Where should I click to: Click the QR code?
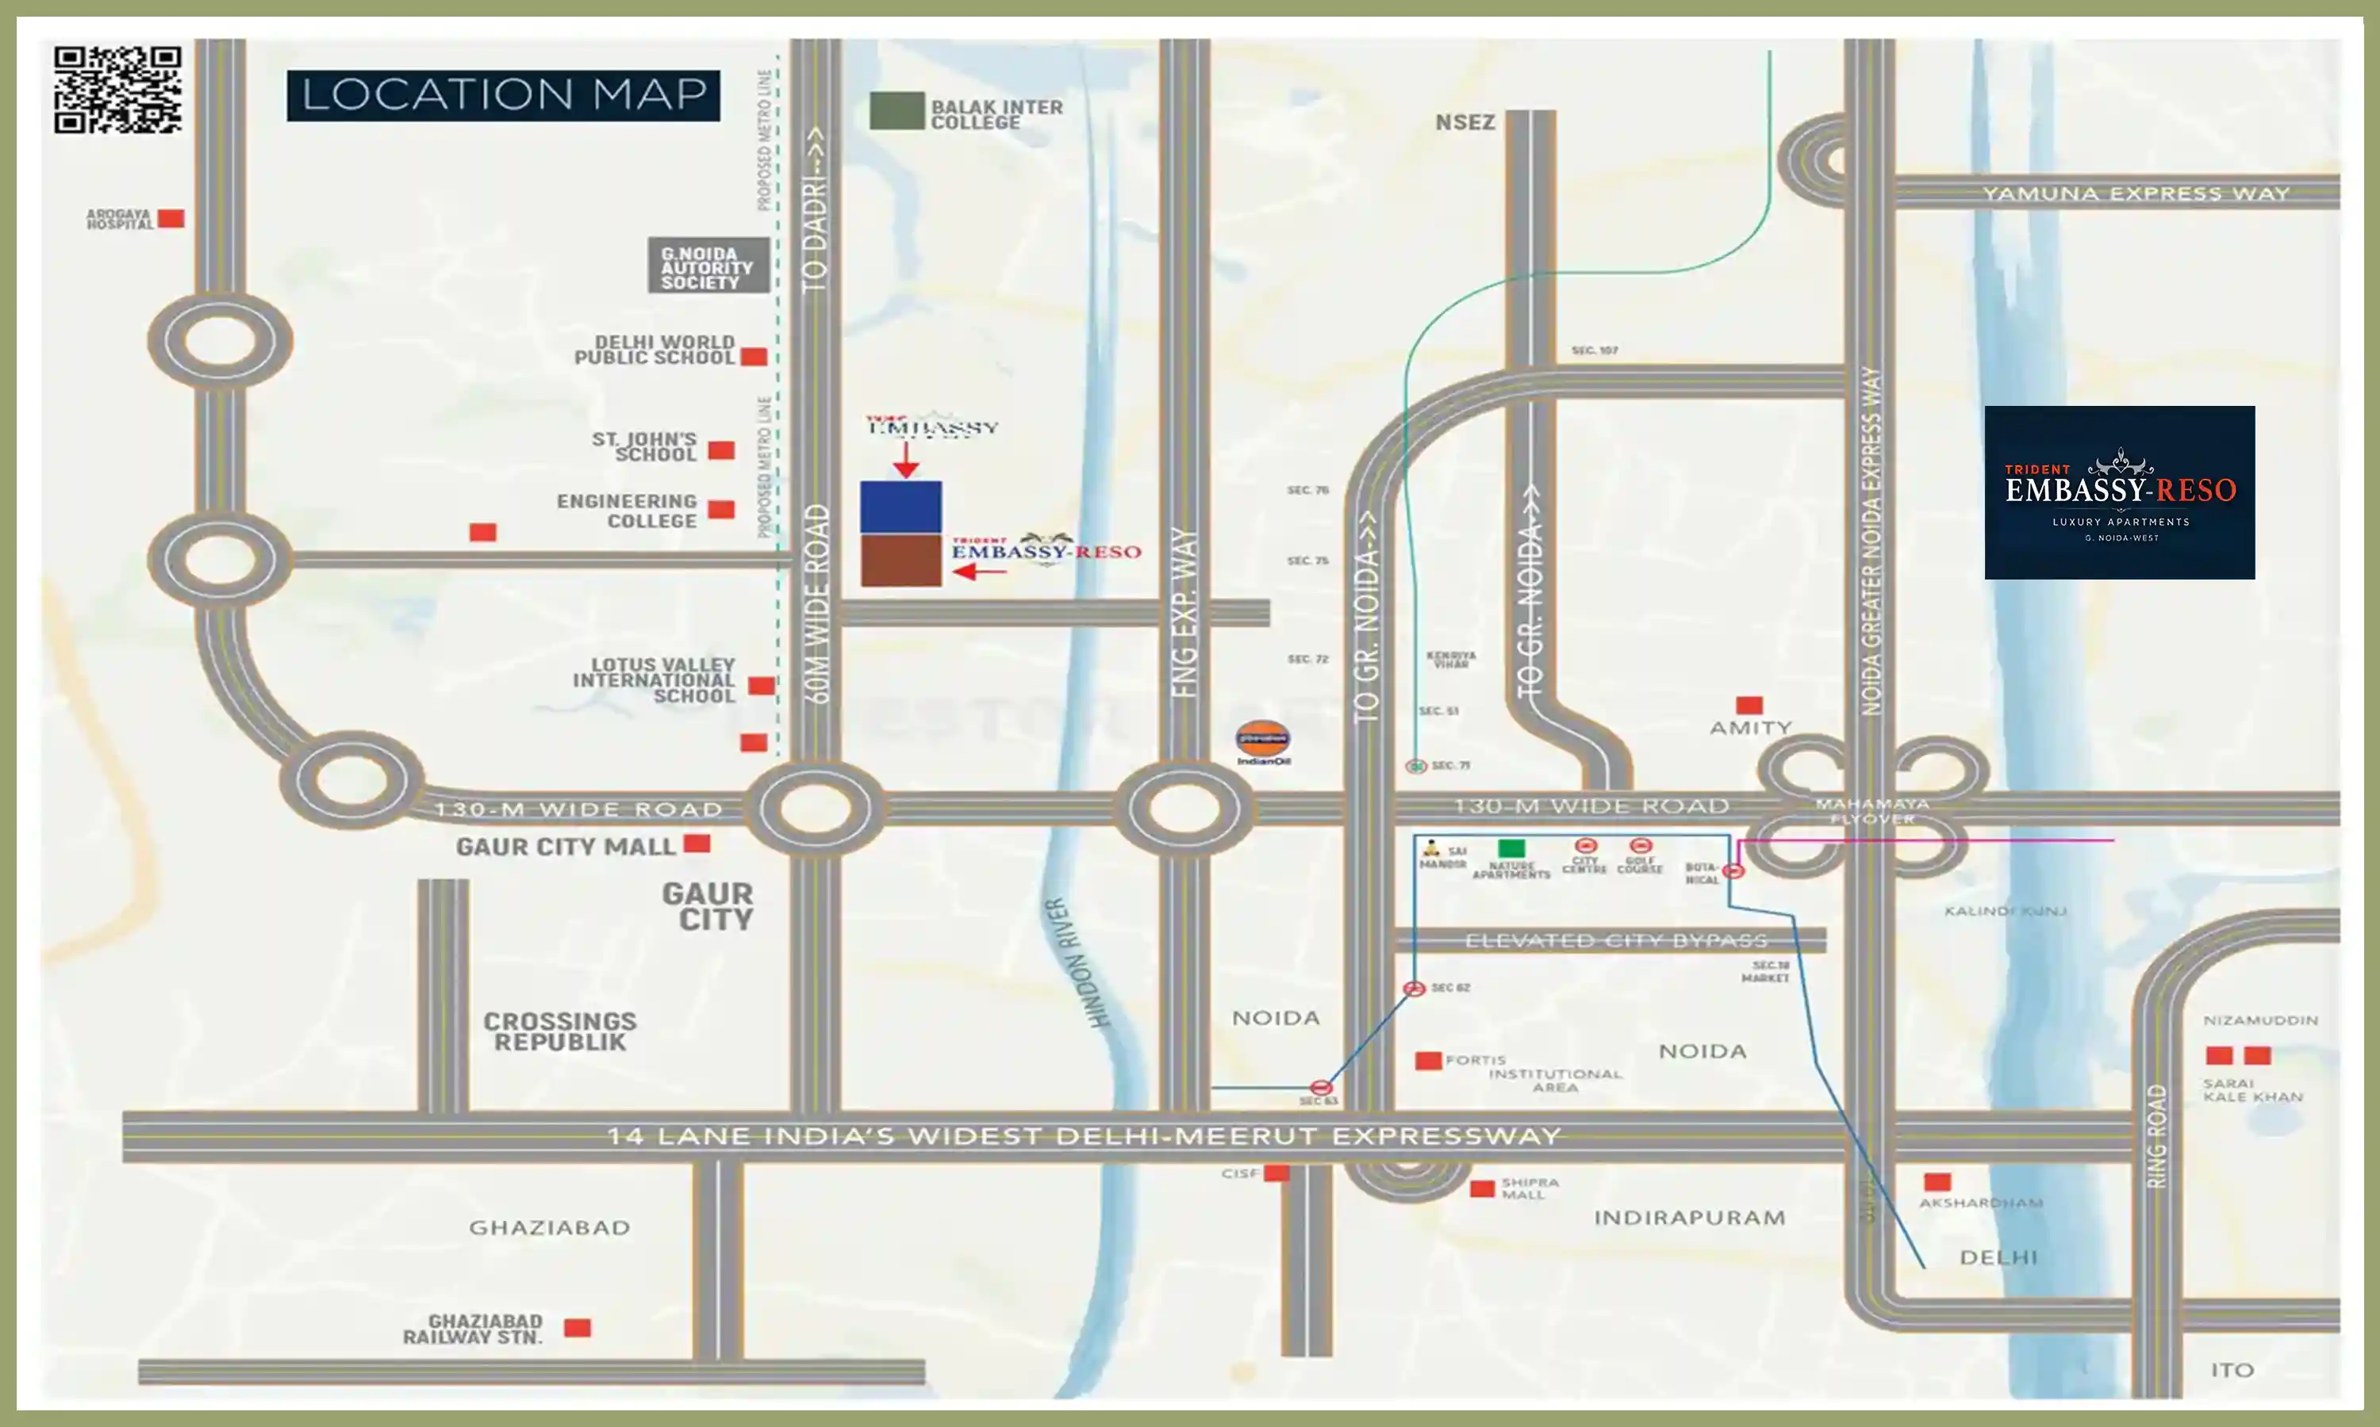pyautogui.click(x=117, y=90)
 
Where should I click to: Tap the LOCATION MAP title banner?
pyautogui.click(x=503, y=95)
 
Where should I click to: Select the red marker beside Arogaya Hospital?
pyautogui.click(x=171, y=218)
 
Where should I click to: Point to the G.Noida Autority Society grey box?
pyautogui.click(x=708, y=266)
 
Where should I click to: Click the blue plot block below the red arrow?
pyautogui.click(x=900, y=507)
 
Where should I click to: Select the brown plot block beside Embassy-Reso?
pyautogui.click(x=900, y=560)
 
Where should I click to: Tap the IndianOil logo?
pyautogui.click(x=1262, y=741)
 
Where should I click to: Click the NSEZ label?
pyautogui.click(x=1464, y=122)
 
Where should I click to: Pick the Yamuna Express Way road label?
pyautogui.click(x=2135, y=193)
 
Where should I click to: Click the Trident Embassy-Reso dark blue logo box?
pyautogui.click(x=2118, y=492)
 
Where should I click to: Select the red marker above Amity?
pyautogui.click(x=1749, y=705)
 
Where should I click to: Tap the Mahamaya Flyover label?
pyautogui.click(x=1871, y=811)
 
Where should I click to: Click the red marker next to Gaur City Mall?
pyautogui.click(x=697, y=844)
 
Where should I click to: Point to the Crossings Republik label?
pyautogui.click(x=559, y=1031)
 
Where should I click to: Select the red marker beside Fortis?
pyautogui.click(x=1428, y=1061)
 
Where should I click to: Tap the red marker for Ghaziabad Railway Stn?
pyautogui.click(x=578, y=1328)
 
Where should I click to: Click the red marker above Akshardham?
pyautogui.click(x=1937, y=1182)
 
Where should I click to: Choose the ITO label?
pyautogui.click(x=2232, y=1370)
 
